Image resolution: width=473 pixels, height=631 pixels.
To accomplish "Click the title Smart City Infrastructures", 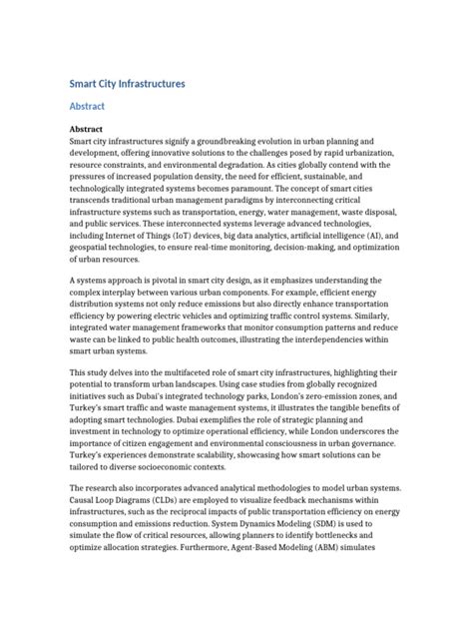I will tap(126, 85).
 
